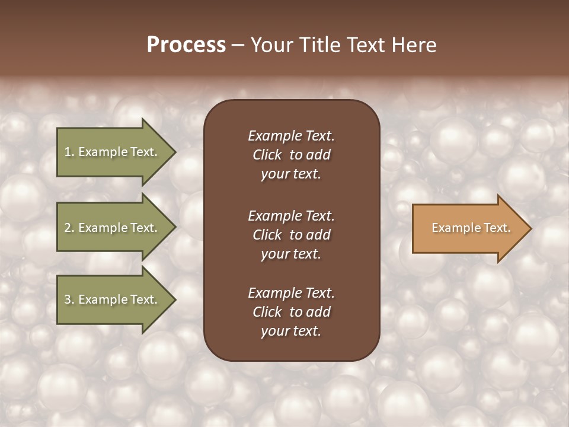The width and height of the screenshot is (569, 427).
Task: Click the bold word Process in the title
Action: tap(186, 45)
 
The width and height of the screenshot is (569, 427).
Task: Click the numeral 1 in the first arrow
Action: tap(68, 152)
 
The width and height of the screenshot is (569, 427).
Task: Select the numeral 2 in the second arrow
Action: tap(68, 228)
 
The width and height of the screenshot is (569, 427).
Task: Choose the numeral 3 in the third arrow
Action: tap(68, 299)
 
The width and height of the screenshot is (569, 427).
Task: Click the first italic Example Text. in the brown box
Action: tap(291, 136)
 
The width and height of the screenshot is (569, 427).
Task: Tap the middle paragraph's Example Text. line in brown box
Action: tap(291, 216)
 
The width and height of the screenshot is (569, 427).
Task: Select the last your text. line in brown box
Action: tap(291, 332)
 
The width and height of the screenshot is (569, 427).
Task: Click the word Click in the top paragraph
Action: tap(267, 155)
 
